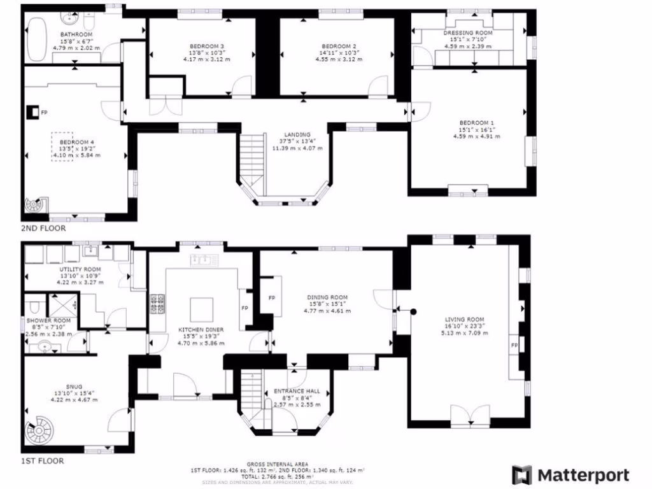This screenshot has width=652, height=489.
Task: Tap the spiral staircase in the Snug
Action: click(37, 434)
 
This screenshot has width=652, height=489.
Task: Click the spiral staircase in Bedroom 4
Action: click(33, 206)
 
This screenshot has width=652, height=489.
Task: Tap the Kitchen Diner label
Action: click(198, 329)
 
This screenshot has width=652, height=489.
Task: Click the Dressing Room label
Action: click(467, 32)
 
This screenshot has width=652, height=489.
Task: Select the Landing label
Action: click(297, 134)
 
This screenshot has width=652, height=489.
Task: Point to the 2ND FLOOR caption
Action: click(42, 228)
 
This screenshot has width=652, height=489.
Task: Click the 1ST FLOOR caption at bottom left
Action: click(42, 460)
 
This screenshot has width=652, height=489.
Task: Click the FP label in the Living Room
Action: click(513, 345)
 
